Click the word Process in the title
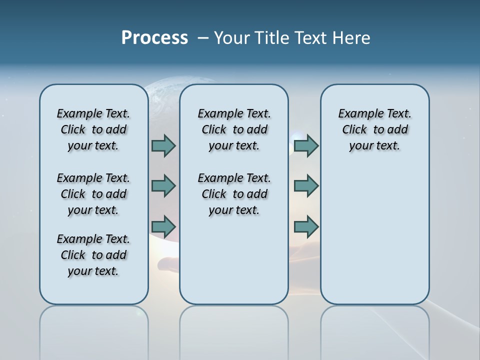154,38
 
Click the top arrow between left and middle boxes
163,145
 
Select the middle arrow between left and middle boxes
163,186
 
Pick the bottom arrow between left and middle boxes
163,226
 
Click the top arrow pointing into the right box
306,145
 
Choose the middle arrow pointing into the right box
306,186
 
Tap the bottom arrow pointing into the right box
306,226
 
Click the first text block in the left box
93,129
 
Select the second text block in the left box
93,194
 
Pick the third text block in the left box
93,255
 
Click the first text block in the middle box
234,129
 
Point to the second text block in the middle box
234,194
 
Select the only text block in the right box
375,129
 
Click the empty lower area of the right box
375,235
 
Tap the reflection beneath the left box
94,330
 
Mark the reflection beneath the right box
375,330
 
